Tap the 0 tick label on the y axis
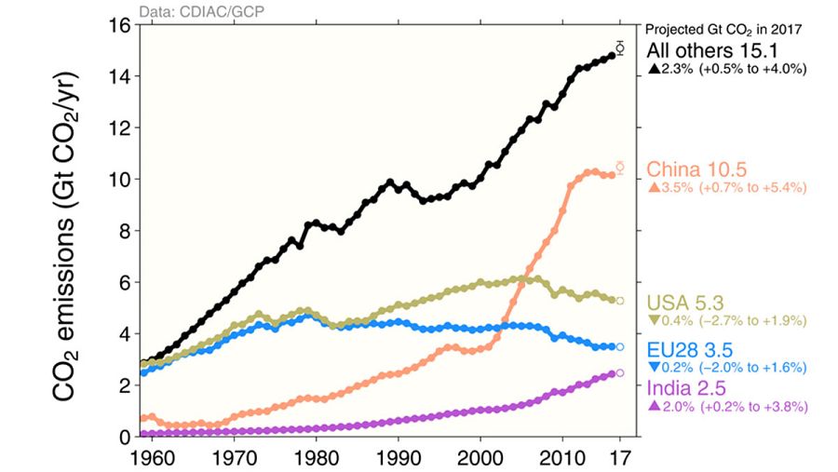pos(122,437)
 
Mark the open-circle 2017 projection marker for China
pos(620,168)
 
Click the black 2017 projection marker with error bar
pos(620,47)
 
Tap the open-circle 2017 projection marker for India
pos(620,372)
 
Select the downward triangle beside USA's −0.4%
pos(653,321)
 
